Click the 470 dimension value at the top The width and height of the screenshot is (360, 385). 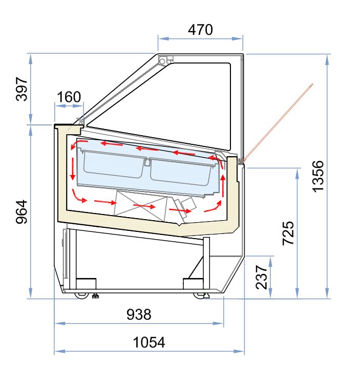coord(200,30)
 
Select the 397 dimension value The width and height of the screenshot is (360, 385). coord(21,89)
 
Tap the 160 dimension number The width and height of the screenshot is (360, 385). coord(69,97)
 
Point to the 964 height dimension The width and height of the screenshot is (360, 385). coord(21,211)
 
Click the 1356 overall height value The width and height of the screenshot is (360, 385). coord(318,176)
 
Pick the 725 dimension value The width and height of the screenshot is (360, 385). coord(289,233)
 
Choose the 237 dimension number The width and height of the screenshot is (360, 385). coord(261,277)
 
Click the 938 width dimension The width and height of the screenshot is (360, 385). coord(139,314)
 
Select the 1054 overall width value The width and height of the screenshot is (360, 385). coord(149,342)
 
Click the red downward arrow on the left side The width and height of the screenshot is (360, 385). coord(73,169)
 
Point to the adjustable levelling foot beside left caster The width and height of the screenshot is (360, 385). coord(95,295)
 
